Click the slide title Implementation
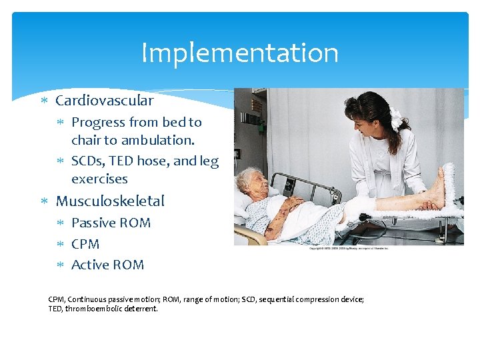click(240, 53)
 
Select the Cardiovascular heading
click(104, 101)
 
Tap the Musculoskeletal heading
click(110, 201)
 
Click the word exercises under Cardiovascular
click(99, 179)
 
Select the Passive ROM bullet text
click(111, 223)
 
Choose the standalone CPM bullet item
click(85, 244)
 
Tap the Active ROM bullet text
click(107, 265)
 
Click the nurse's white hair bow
click(397, 120)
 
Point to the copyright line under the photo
click(349, 248)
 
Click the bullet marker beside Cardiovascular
click(43, 101)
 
